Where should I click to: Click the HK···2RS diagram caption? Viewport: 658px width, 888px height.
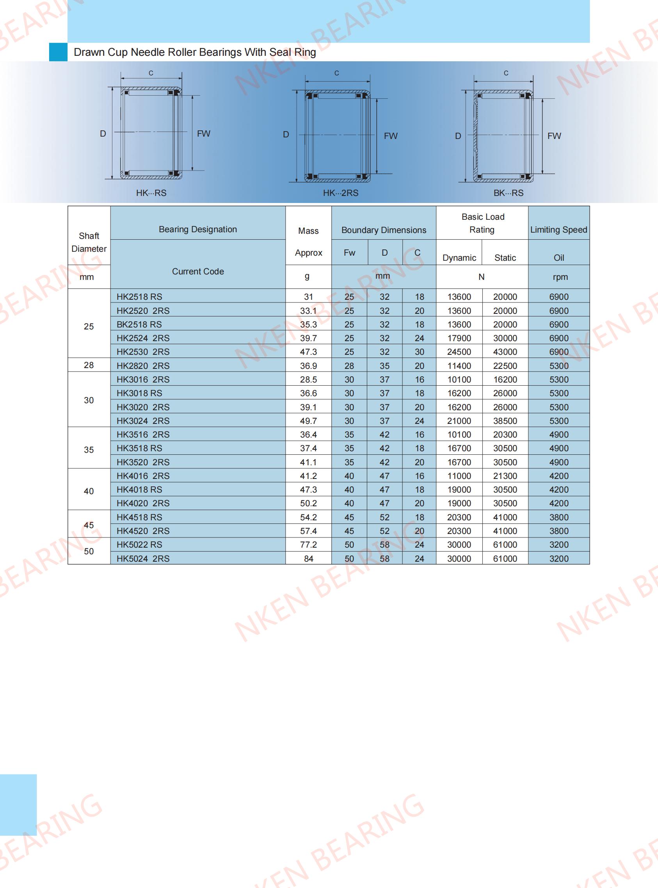(341, 193)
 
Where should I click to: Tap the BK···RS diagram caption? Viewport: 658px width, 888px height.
(508, 193)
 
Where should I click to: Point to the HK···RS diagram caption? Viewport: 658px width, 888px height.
(151, 193)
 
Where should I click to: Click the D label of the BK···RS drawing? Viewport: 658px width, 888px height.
(458, 136)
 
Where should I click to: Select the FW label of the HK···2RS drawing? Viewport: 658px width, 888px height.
(391, 136)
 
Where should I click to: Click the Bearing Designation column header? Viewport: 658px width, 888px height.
(197, 230)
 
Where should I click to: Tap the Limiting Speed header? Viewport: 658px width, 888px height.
(558, 230)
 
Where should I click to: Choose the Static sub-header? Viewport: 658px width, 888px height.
(505, 258)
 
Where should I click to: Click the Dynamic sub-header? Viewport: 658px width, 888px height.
(459, 258)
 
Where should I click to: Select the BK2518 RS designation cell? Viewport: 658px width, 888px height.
(139, 325)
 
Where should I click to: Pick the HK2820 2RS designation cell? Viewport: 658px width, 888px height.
(143, 366)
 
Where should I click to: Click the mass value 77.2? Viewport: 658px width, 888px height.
(308, 545)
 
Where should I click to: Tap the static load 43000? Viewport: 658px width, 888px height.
(505, 352)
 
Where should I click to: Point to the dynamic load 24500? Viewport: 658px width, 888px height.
(459, 352)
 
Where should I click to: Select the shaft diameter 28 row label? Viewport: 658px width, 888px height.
(89, 365)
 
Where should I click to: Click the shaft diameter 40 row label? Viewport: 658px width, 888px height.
(89, 491)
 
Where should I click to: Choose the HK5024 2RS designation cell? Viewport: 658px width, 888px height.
(143, 559)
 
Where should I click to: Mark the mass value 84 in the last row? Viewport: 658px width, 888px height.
(308, 559)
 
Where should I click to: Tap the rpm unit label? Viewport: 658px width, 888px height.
(560, 277)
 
